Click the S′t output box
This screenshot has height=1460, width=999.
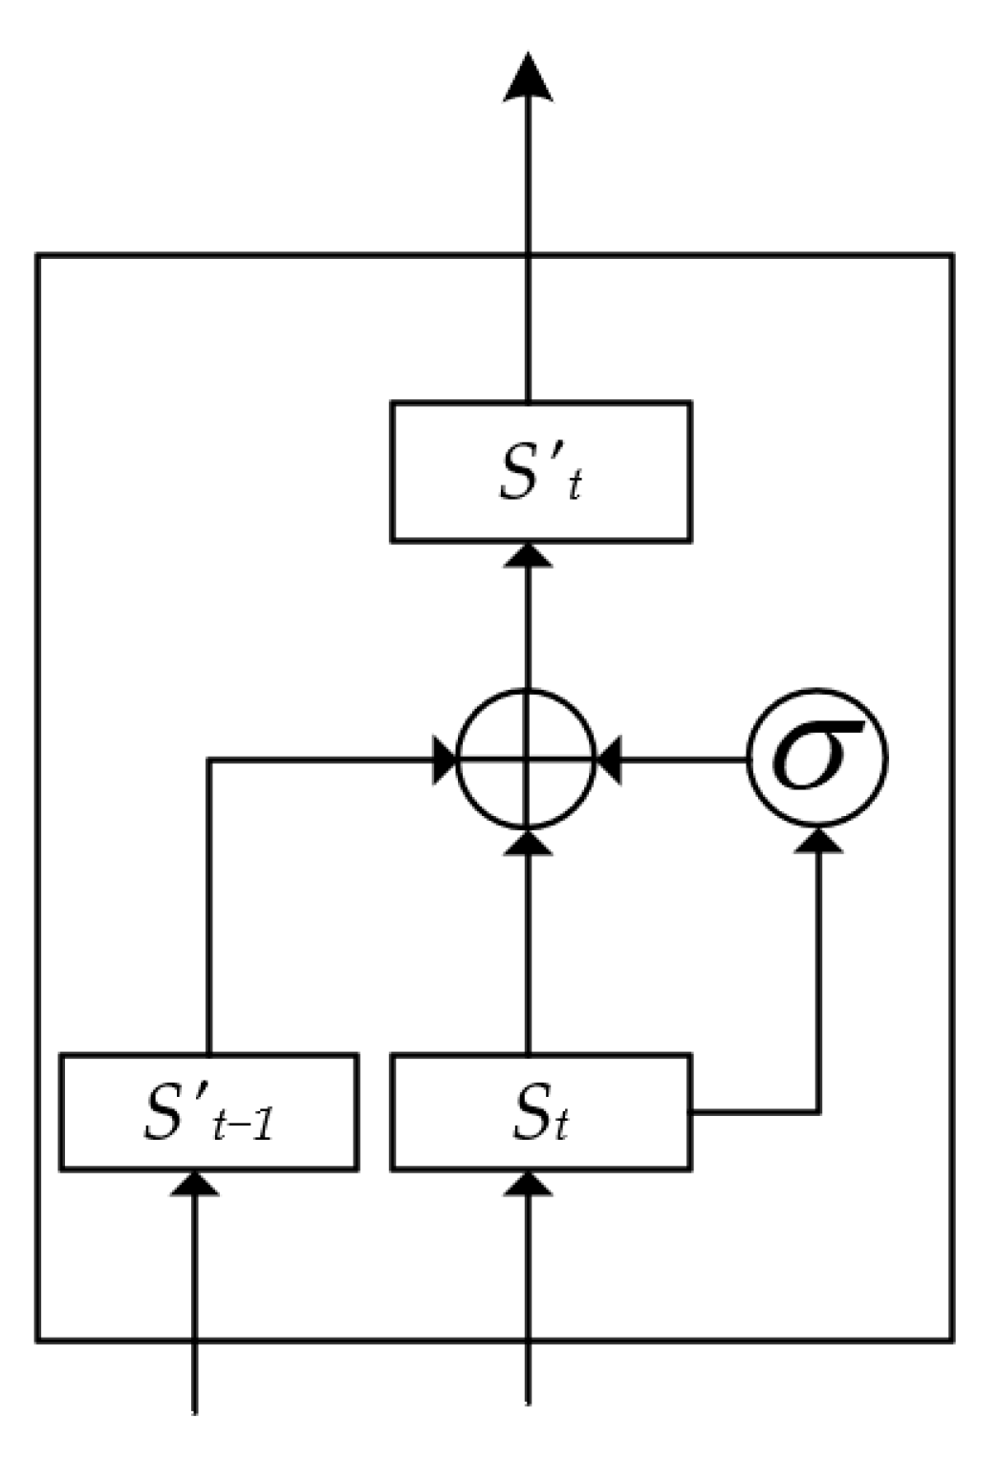540,472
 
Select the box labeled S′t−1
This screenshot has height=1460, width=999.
208,1111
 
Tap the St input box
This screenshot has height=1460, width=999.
540,1111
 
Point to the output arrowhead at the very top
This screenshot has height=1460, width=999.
527,76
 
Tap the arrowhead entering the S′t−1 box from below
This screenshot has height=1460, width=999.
195,1183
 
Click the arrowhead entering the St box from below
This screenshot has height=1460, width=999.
527,1183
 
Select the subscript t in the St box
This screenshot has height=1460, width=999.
560,1125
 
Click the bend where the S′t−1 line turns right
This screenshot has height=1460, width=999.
208,761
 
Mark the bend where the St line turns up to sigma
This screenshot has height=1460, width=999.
818,1111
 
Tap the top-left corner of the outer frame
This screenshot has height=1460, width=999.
38,255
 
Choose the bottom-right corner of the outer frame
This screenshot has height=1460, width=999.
951,1340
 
